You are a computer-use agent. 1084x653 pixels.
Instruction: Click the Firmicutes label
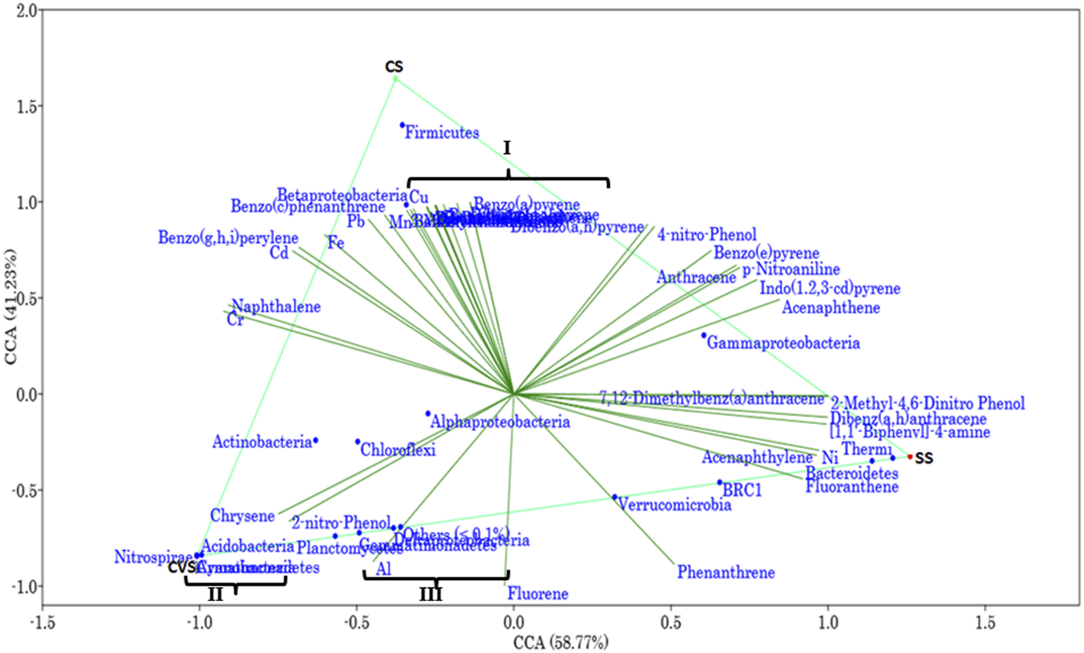[442, 133]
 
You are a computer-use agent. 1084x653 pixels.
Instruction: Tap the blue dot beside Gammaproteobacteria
[704, 335]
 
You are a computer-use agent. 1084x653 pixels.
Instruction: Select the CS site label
[395, 67]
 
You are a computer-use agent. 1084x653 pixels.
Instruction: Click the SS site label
[924, 458]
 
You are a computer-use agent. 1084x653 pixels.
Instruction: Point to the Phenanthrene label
[726, 573]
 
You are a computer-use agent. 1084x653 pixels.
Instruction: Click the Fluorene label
[538, 594]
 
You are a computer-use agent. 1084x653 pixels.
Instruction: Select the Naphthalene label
[276, 307]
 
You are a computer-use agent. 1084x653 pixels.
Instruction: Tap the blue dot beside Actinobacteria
[315, 441]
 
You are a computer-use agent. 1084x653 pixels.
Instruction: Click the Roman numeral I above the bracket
[508, 147]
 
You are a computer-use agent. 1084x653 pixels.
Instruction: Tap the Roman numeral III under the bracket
[431, 594]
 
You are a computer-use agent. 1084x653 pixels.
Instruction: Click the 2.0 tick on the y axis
[26, 11]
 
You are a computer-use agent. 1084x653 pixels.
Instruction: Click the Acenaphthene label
[830, 309]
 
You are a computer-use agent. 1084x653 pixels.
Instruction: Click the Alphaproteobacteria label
[500, 422]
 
